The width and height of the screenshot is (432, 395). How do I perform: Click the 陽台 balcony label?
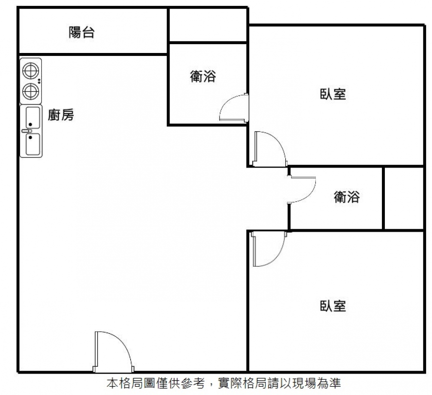(81, 33)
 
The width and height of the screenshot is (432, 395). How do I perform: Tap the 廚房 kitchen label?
(61, 115)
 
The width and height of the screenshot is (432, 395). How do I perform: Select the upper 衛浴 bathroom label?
(203, 76)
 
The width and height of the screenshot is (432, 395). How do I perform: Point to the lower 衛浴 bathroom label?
(347, 197)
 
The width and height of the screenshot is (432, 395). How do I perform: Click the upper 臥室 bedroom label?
(333, 94)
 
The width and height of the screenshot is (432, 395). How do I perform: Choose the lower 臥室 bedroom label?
(333, 306)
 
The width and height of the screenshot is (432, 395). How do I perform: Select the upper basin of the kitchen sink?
(32, 117)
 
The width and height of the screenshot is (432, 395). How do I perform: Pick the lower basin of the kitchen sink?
(32, 145)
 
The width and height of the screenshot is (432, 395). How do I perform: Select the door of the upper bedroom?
(269, 149)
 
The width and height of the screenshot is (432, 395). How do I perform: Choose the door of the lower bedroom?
(268, 249)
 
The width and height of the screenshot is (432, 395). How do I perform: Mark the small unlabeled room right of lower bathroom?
(403, 198)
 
